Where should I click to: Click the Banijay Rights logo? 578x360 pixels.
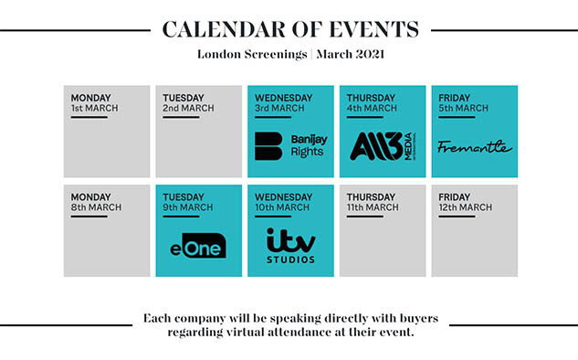(291, 146)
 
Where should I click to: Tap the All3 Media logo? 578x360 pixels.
(383, 146)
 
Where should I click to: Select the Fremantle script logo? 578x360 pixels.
(475, 146)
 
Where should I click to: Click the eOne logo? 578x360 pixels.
(198, 246)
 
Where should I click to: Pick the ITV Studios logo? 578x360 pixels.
(291, 245)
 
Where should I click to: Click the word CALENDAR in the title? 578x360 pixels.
(224, 29)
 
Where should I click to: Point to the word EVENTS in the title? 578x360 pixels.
(373, 29)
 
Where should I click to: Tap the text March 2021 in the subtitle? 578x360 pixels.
(351, 54)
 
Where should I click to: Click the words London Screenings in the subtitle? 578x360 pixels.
(252, 55)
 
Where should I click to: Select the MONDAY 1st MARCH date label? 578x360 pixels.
(94, 103)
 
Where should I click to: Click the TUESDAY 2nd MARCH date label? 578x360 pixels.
(188, 103)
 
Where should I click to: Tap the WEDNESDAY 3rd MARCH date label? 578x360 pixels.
(283, 103)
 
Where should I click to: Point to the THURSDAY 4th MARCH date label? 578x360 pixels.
(372, 103)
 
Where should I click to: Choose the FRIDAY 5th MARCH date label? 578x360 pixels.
(463, 103)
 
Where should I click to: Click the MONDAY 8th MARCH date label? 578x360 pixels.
(96, 202)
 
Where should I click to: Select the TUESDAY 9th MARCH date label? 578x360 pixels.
(188, 202)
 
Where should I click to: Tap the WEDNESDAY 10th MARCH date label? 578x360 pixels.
(283, 202)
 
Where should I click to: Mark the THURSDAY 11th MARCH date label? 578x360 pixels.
(373, 202)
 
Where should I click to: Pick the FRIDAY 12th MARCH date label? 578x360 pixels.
(465, 202)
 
